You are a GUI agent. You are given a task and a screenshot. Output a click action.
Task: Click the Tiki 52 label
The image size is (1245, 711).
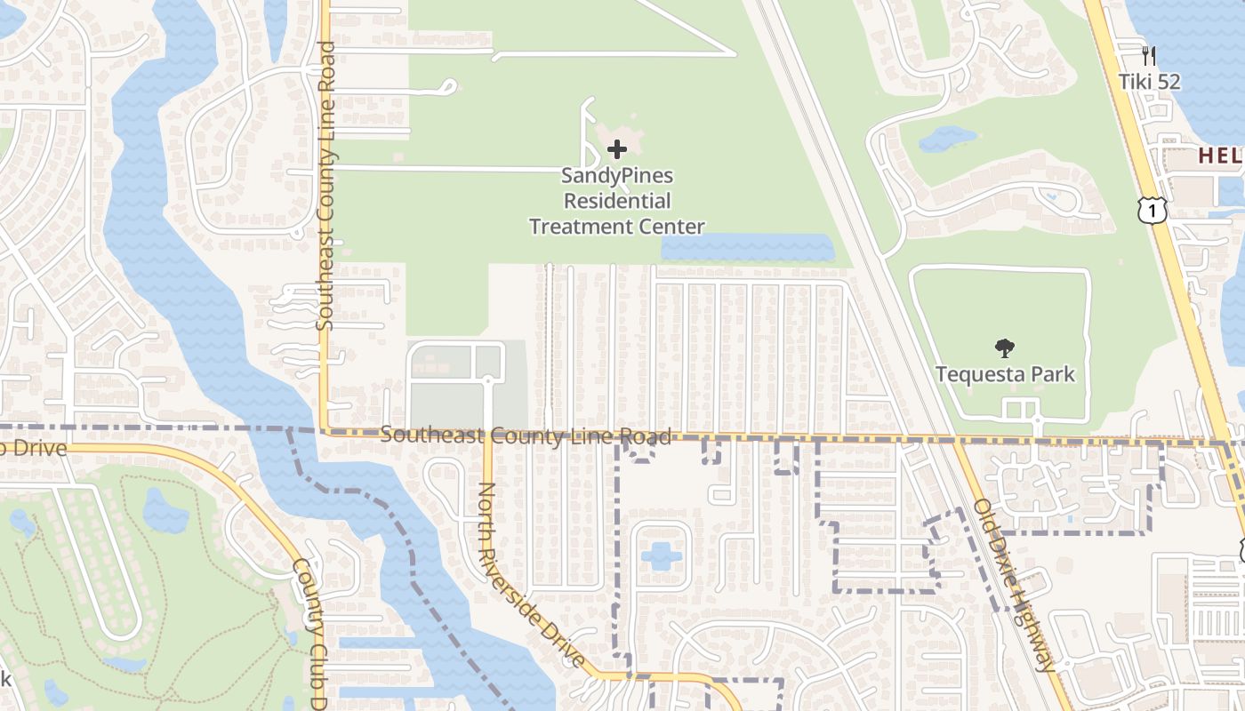pos(1149,82)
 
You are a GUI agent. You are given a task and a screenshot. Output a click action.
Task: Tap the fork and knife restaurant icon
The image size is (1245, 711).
pos(1149,56)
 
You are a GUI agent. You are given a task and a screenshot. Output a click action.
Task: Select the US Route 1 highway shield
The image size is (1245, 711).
pos(1152,211)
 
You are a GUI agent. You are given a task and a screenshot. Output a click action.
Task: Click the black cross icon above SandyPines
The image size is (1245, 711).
pos(616,149)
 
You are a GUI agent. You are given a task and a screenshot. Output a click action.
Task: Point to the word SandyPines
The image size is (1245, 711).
pos(616,176)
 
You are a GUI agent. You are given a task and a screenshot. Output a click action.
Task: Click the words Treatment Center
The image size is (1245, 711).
pos(616,227)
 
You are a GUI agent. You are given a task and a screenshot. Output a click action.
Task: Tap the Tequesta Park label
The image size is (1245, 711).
pos(1005,374)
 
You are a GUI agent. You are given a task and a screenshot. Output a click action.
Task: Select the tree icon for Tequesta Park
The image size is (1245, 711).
pos(1005,348)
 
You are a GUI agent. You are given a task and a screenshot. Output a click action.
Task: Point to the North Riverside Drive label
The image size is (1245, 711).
pos(531,575)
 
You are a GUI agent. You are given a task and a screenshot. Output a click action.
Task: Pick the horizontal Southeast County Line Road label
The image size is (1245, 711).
pos(526,435)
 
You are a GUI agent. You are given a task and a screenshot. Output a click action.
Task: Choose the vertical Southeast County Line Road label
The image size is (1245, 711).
pos(325,187)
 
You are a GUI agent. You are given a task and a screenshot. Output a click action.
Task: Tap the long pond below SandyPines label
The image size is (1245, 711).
pos(747,248)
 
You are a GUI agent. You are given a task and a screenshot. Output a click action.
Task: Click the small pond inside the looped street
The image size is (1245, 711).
pos(661,556)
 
